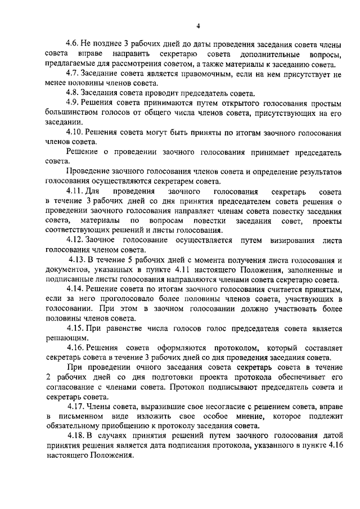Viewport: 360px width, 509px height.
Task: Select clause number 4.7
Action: pyautogui.click(x=73, y=74)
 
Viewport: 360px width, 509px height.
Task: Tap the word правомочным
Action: pyautogui.click(x=185, y=74)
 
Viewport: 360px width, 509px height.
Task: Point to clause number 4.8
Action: pyautogui.click(x=73, y=92)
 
